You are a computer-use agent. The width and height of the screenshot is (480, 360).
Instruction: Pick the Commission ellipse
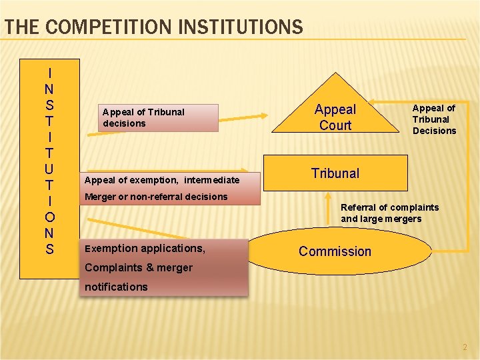click(335, 251)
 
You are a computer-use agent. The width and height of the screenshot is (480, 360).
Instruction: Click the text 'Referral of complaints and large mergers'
click(389, 213)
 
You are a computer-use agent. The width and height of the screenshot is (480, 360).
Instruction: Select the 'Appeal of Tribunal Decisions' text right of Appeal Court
click(434, 119)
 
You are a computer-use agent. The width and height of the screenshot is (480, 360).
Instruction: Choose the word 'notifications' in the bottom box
click(116, 287)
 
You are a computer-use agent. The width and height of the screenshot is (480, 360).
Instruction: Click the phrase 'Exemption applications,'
click(145, 249)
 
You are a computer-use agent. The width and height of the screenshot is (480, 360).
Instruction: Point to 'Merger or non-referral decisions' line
click(156, 197)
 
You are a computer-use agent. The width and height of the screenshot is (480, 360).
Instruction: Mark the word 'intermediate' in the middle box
click(212, 180)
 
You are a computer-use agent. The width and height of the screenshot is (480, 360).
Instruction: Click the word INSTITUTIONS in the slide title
click(239, 27)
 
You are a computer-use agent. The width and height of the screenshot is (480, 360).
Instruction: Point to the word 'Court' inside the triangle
click(335, 125)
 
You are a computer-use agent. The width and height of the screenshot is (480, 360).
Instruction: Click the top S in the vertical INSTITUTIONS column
click(50, 105)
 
